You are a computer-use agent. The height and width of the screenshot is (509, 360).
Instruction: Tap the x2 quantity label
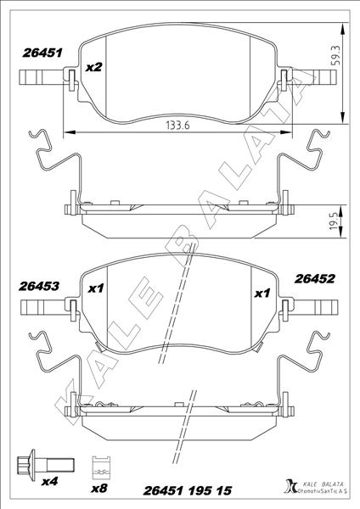pyautogui.click(x=94, y=66)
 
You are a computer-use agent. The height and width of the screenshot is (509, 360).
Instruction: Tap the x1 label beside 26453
pyautogui.click(x=96, y=289)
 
